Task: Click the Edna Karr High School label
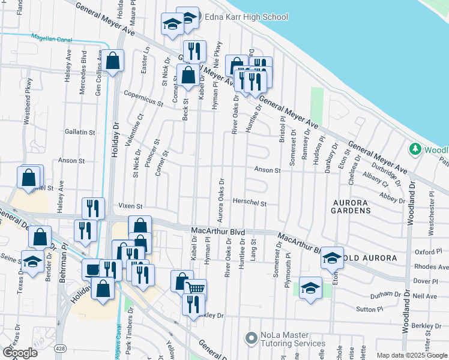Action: [246, 17]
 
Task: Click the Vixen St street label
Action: [129, 206]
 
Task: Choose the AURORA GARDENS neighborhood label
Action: [351, 206]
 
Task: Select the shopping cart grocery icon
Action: [195, 288]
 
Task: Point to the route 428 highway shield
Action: [63, 348]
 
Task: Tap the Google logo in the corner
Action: [20, 352]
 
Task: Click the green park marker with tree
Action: [414, 148]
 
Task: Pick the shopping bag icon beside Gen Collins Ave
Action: [112, 61]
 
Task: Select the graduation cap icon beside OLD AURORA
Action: [332, 257]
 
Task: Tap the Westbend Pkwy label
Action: [28, 107]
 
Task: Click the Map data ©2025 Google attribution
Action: [412, 355]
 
